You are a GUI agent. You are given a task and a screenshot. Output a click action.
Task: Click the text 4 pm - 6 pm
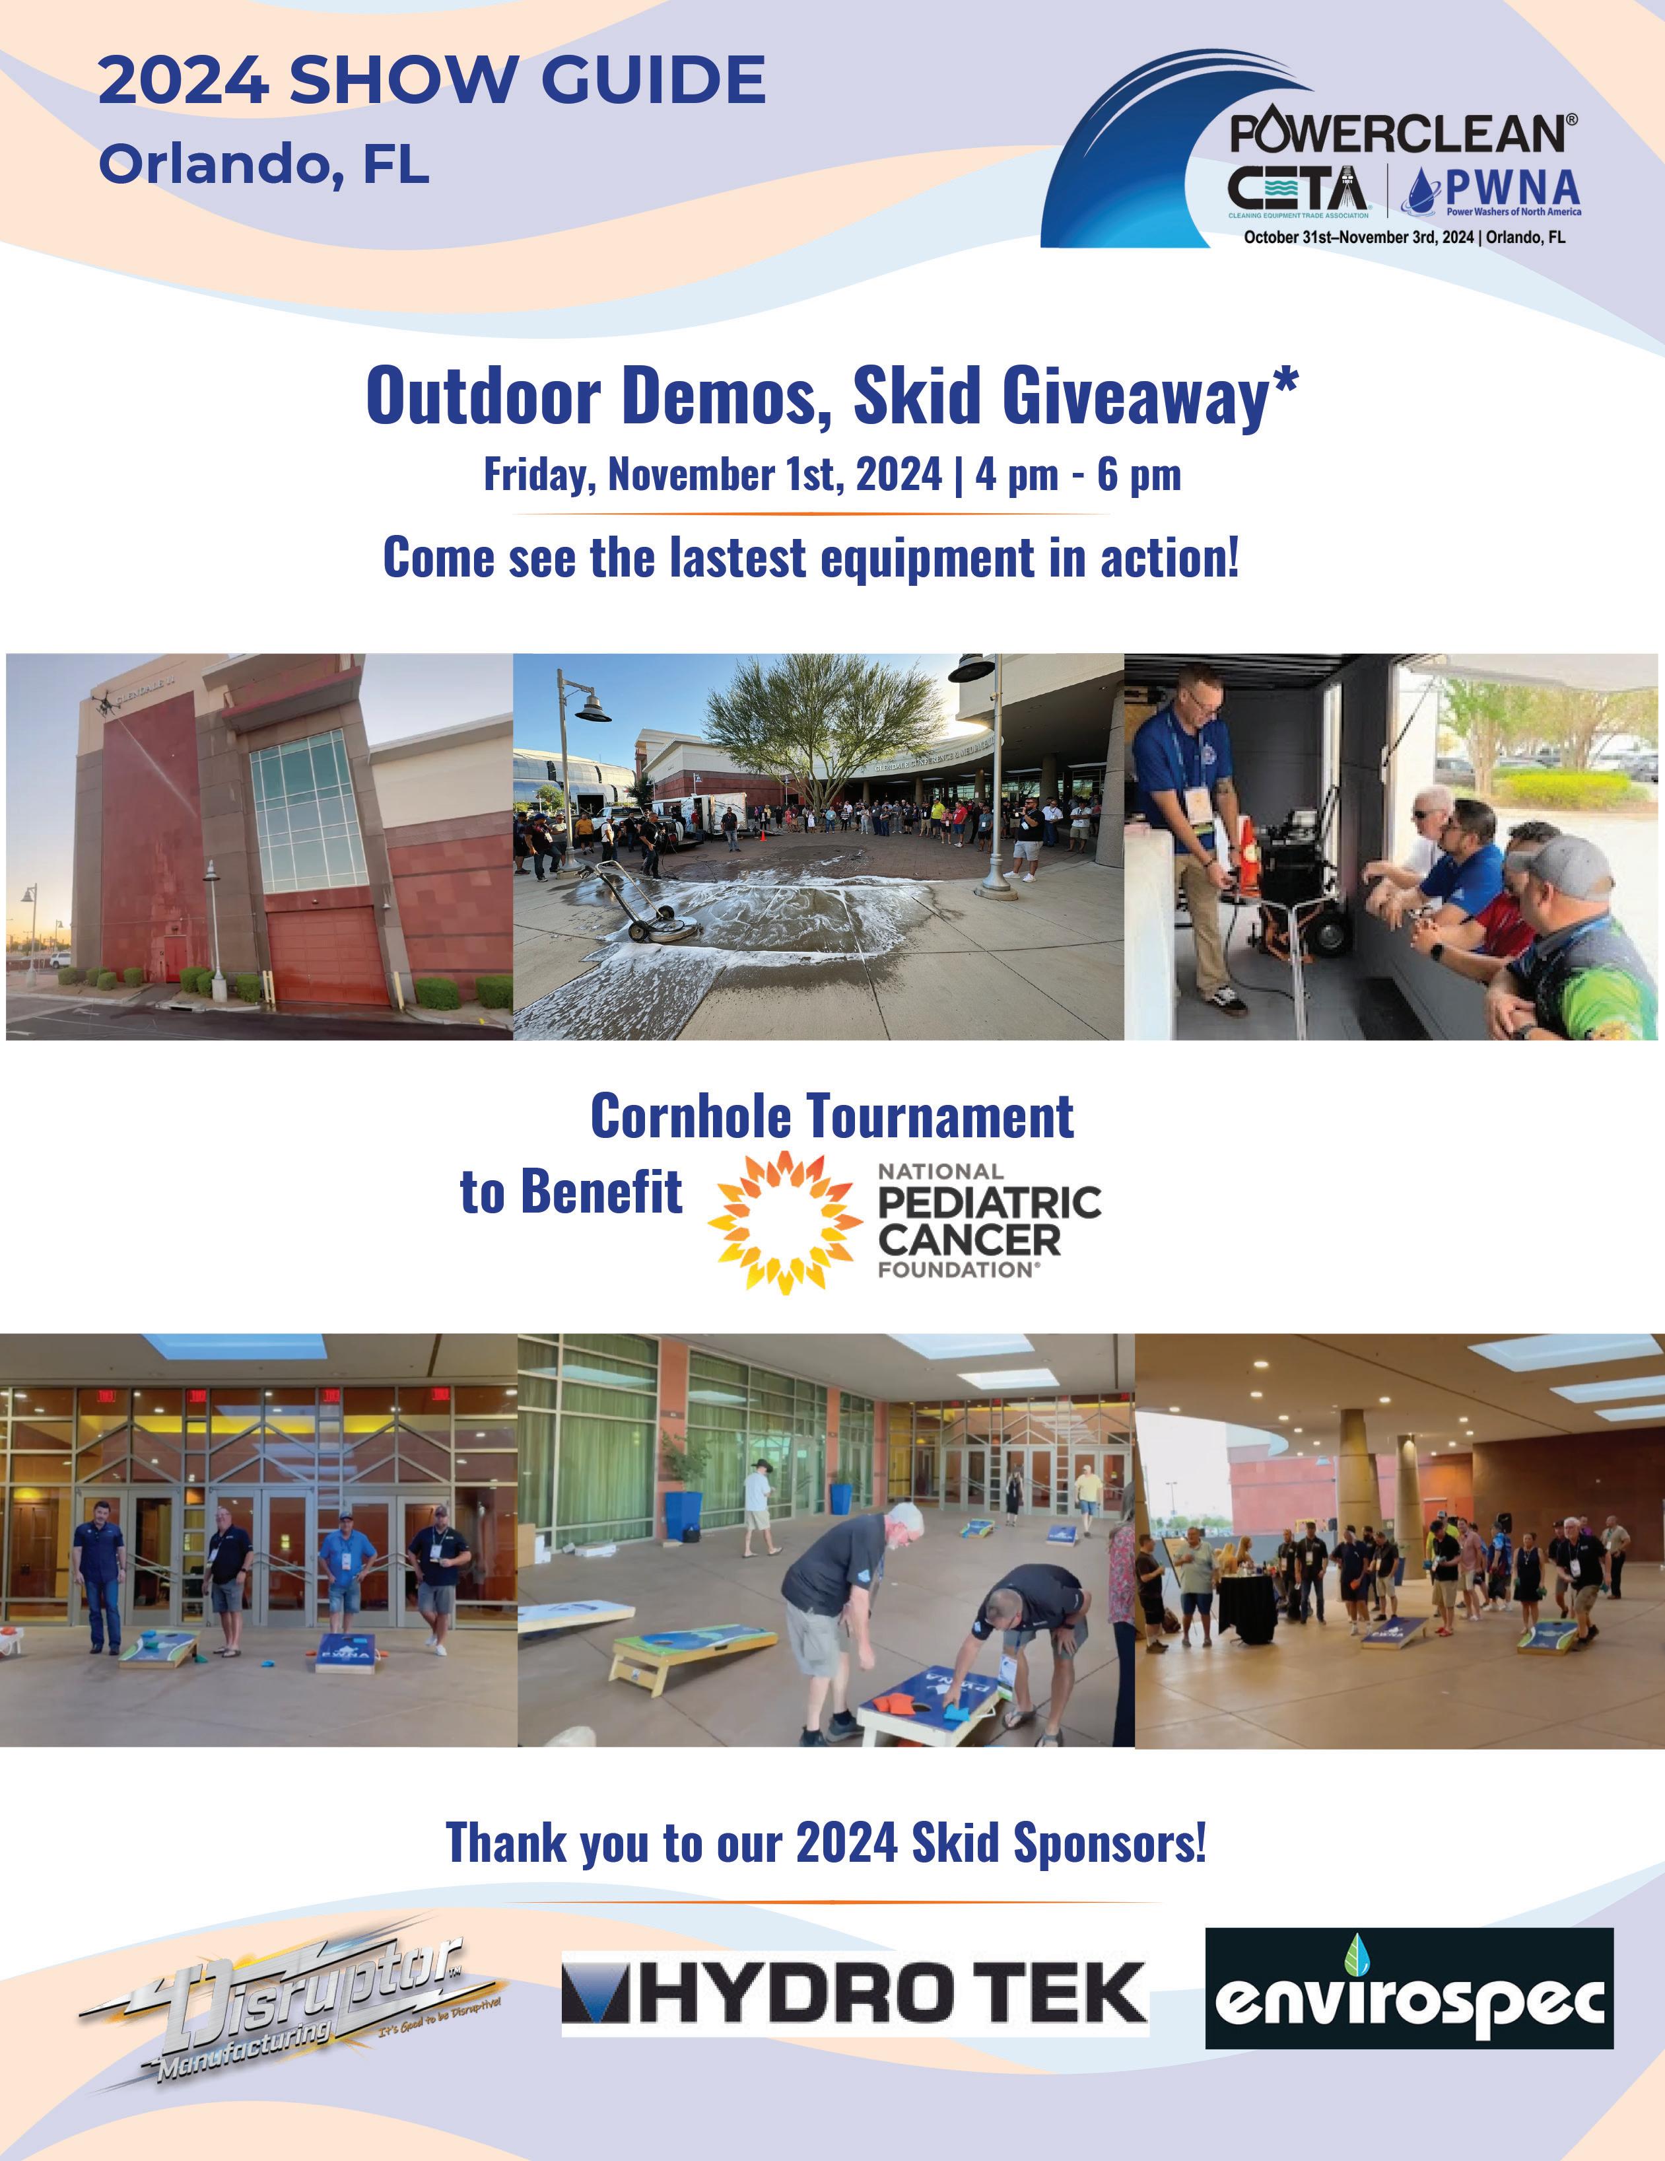tap(1077, 475)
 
